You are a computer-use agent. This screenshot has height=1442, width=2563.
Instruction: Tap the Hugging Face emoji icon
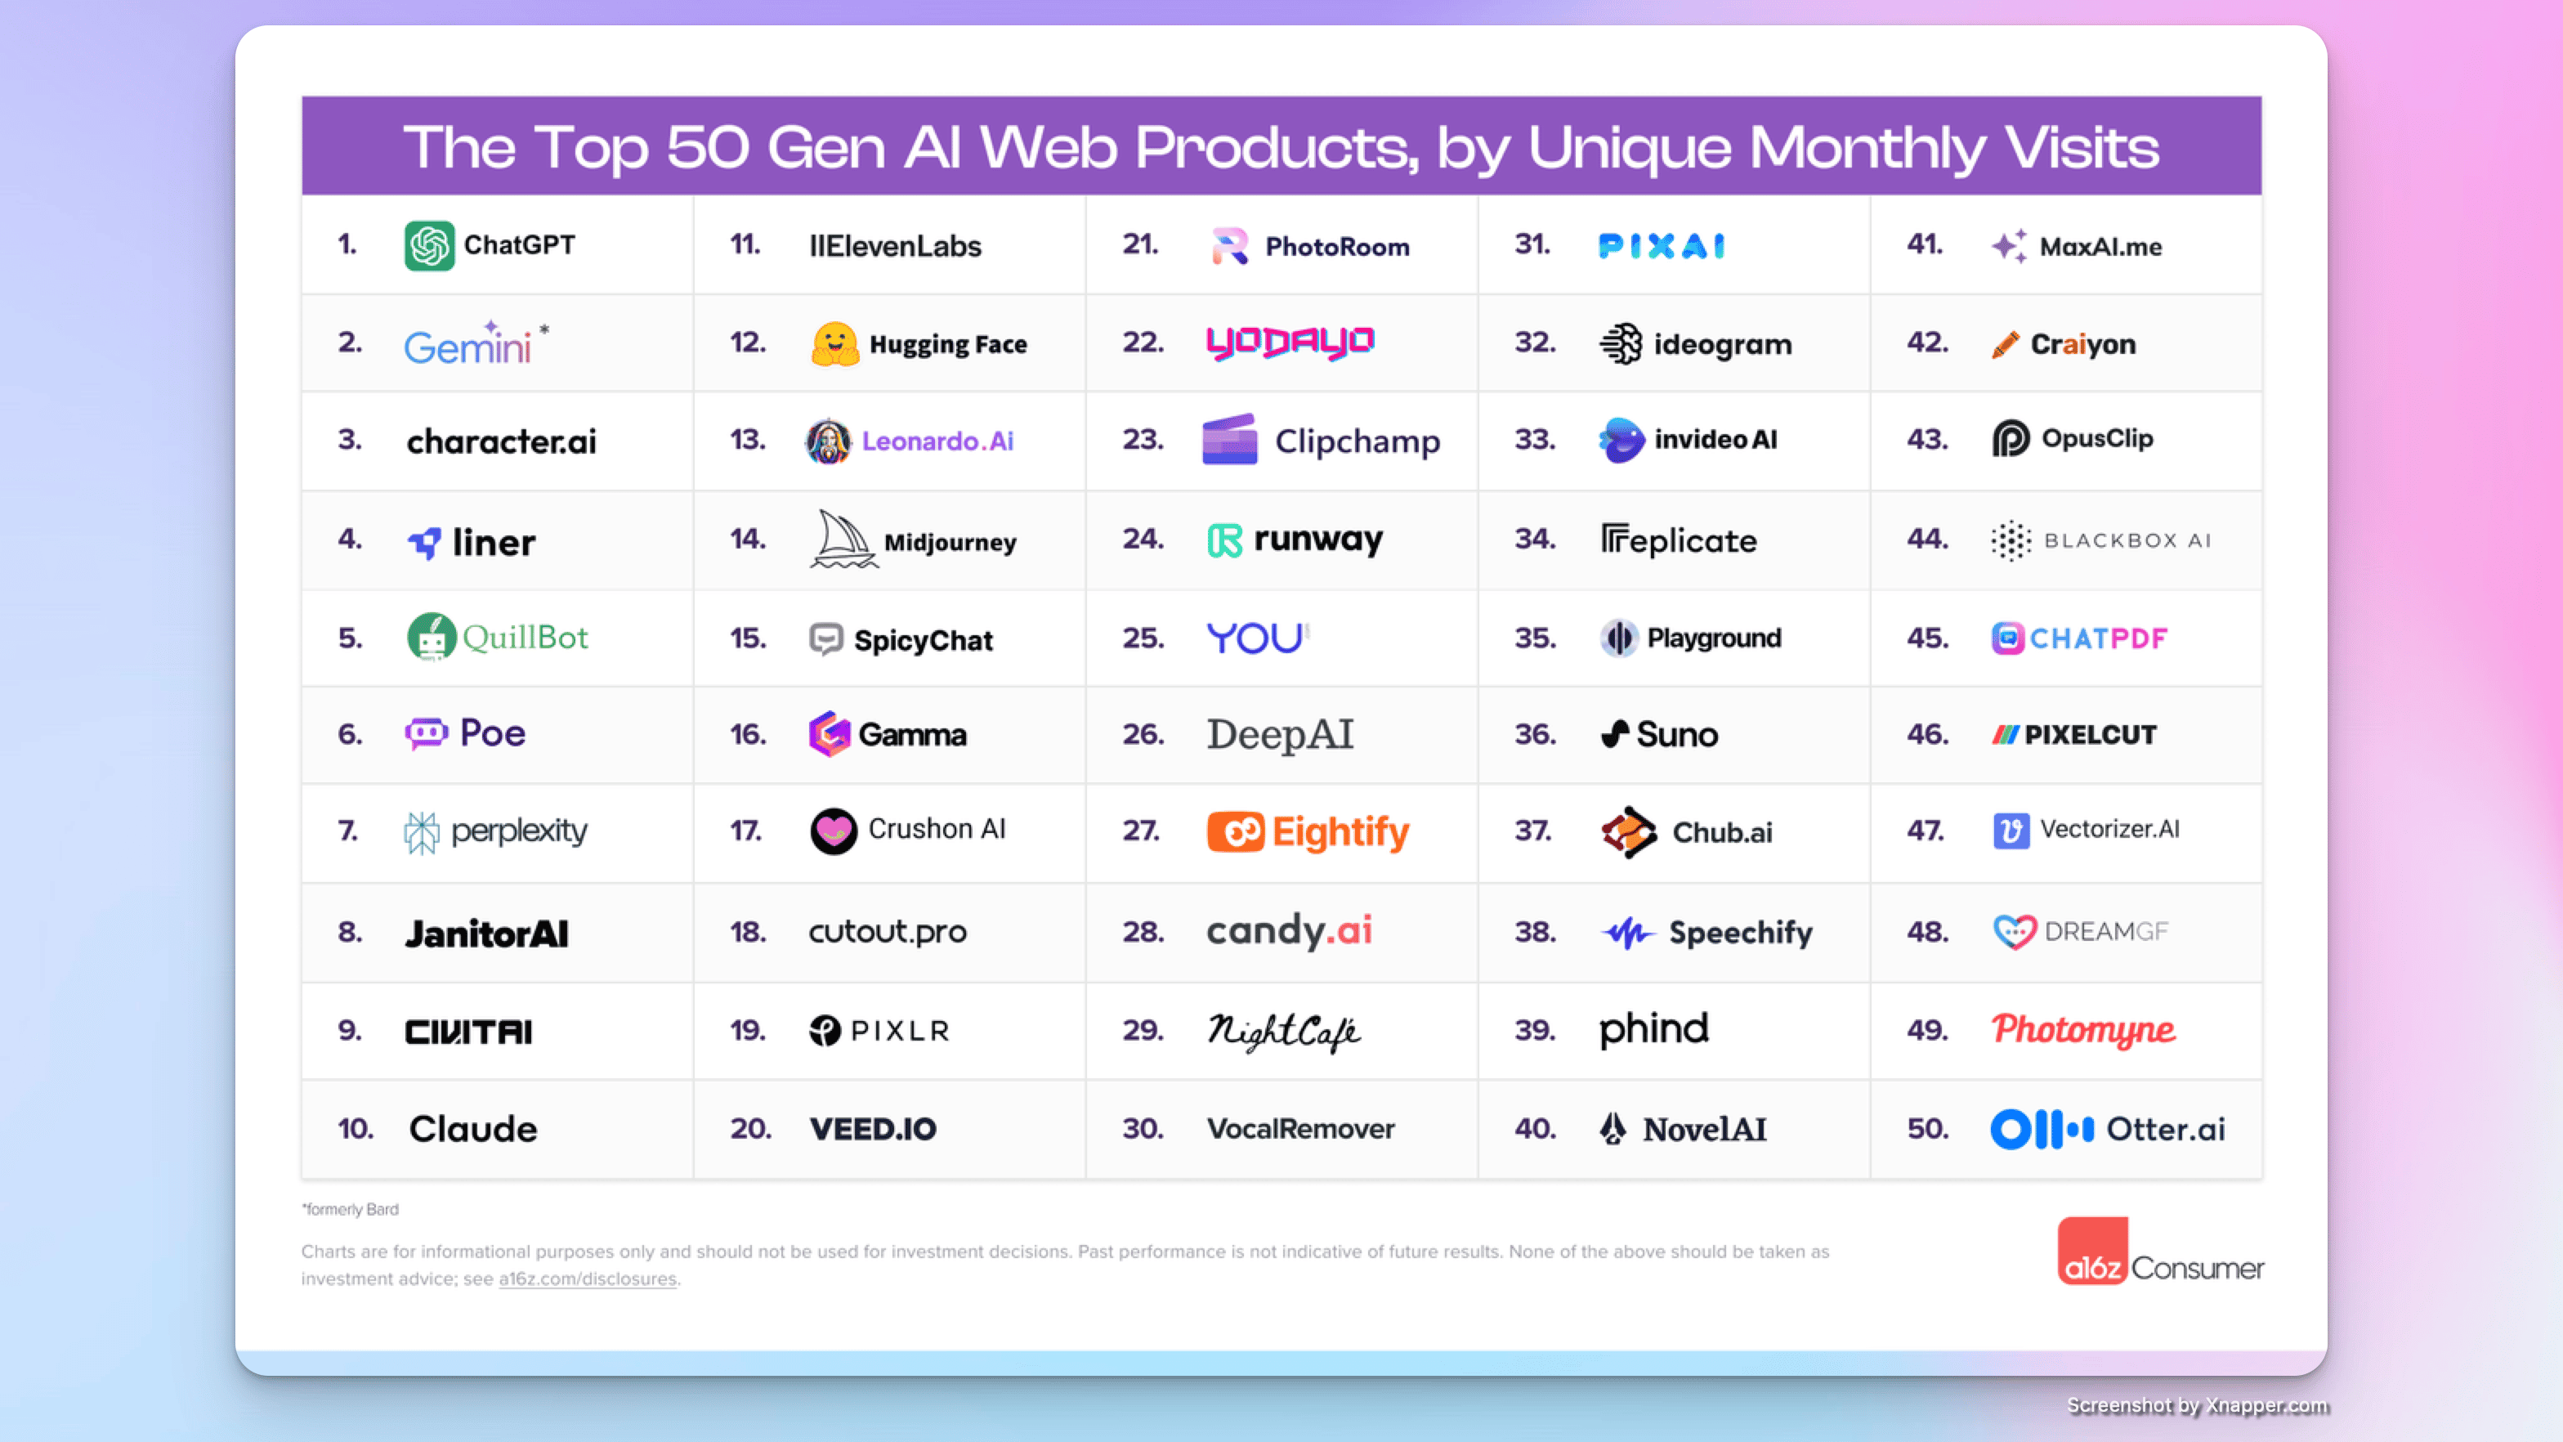click(x=834, y=343)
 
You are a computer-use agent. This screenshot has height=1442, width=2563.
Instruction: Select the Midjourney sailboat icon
click(x=843, y=540)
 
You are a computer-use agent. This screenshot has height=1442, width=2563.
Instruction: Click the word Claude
click(x=472, y=1129)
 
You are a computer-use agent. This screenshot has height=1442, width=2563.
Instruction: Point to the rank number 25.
click(x=1143, y=637)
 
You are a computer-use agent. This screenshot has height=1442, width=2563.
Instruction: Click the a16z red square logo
click(x=2091, y=1251)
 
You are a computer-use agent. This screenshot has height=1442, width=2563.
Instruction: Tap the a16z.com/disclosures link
click(x=587, y=1279)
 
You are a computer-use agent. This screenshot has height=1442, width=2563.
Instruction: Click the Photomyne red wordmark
click(x=2082, y=1030)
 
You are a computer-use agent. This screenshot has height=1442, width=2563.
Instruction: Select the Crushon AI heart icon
click(x=833, y=830)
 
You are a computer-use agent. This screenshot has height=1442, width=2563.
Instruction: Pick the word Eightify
click(x=1340, y=832)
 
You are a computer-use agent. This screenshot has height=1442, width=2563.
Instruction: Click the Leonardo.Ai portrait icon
click(x=828, y=441)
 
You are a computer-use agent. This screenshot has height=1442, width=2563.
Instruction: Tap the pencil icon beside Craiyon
click(x=2005, y=344)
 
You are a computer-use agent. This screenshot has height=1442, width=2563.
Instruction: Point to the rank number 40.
click(x=1535, y=1129)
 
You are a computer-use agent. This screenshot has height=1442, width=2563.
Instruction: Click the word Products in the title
click(x=1277, y=147)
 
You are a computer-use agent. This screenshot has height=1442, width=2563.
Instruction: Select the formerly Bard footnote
click(x=351, y=1209)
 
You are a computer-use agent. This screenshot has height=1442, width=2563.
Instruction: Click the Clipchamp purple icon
click(x=1230, y=440)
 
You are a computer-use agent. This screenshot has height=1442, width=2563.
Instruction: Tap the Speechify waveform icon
click(x=1626, y=933)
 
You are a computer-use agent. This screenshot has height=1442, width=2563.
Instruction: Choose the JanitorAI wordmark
click(x=486, y=934)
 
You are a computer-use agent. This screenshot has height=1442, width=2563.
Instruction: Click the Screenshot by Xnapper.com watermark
click(x=2197, y=1404)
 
